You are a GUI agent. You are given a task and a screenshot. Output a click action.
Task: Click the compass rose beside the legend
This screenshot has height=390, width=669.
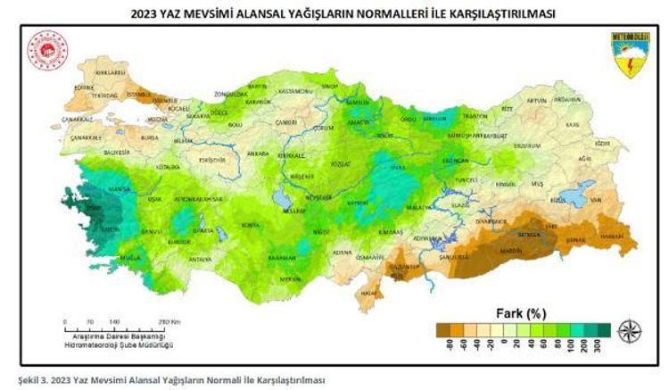tap(630, 330)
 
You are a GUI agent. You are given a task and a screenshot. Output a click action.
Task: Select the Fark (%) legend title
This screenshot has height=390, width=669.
tap(520, 312)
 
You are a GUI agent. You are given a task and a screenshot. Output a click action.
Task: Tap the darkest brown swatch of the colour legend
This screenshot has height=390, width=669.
tap(444, 328)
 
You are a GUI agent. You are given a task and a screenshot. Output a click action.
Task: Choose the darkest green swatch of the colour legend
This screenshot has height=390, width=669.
tap(603, 328)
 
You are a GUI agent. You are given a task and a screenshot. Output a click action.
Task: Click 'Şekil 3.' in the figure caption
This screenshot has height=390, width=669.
tap(22, 378)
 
